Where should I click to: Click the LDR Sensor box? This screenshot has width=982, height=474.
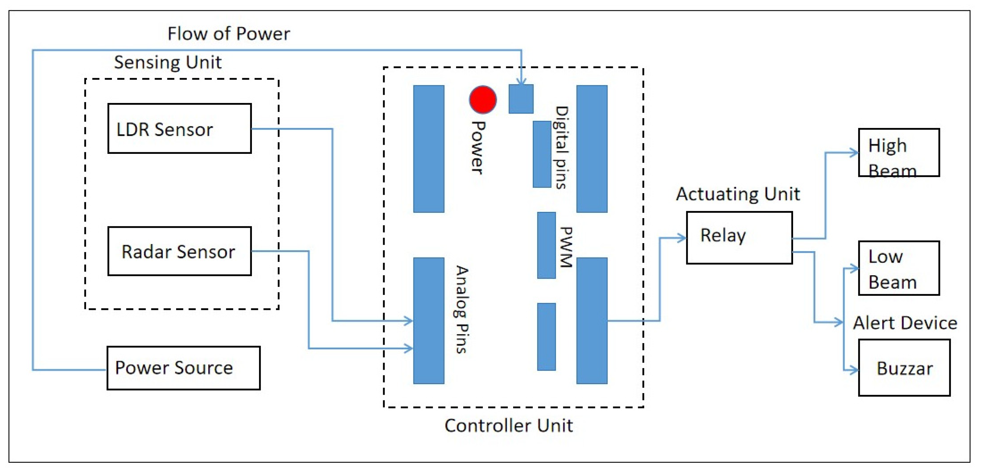tap(179, 129)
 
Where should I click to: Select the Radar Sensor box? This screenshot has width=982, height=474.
tap(179, 251)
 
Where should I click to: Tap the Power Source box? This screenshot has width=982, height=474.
tap(183, 368)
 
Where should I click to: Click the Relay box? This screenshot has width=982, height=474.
tap(739, 238)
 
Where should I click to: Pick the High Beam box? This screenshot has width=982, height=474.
tap(898, 153)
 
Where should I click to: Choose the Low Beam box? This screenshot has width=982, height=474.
tap(898, 268)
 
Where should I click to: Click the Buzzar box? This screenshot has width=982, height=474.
tap(904, 368)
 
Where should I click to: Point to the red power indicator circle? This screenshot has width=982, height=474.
tap(483, 100)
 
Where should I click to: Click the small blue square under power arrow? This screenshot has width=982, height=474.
tap(521, 99)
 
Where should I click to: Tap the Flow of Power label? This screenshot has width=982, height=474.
tap(229, 34)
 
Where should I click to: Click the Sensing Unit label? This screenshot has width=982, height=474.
tap(168, 62)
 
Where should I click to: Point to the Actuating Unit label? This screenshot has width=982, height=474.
tap(738, 194)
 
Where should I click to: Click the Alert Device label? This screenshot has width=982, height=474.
tap(905, 323)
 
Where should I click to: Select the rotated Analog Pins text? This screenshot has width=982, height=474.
tap(462, 310)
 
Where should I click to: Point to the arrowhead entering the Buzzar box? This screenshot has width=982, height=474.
tap(854, 370)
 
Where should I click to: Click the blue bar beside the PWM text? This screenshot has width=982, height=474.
tap(546, 245)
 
